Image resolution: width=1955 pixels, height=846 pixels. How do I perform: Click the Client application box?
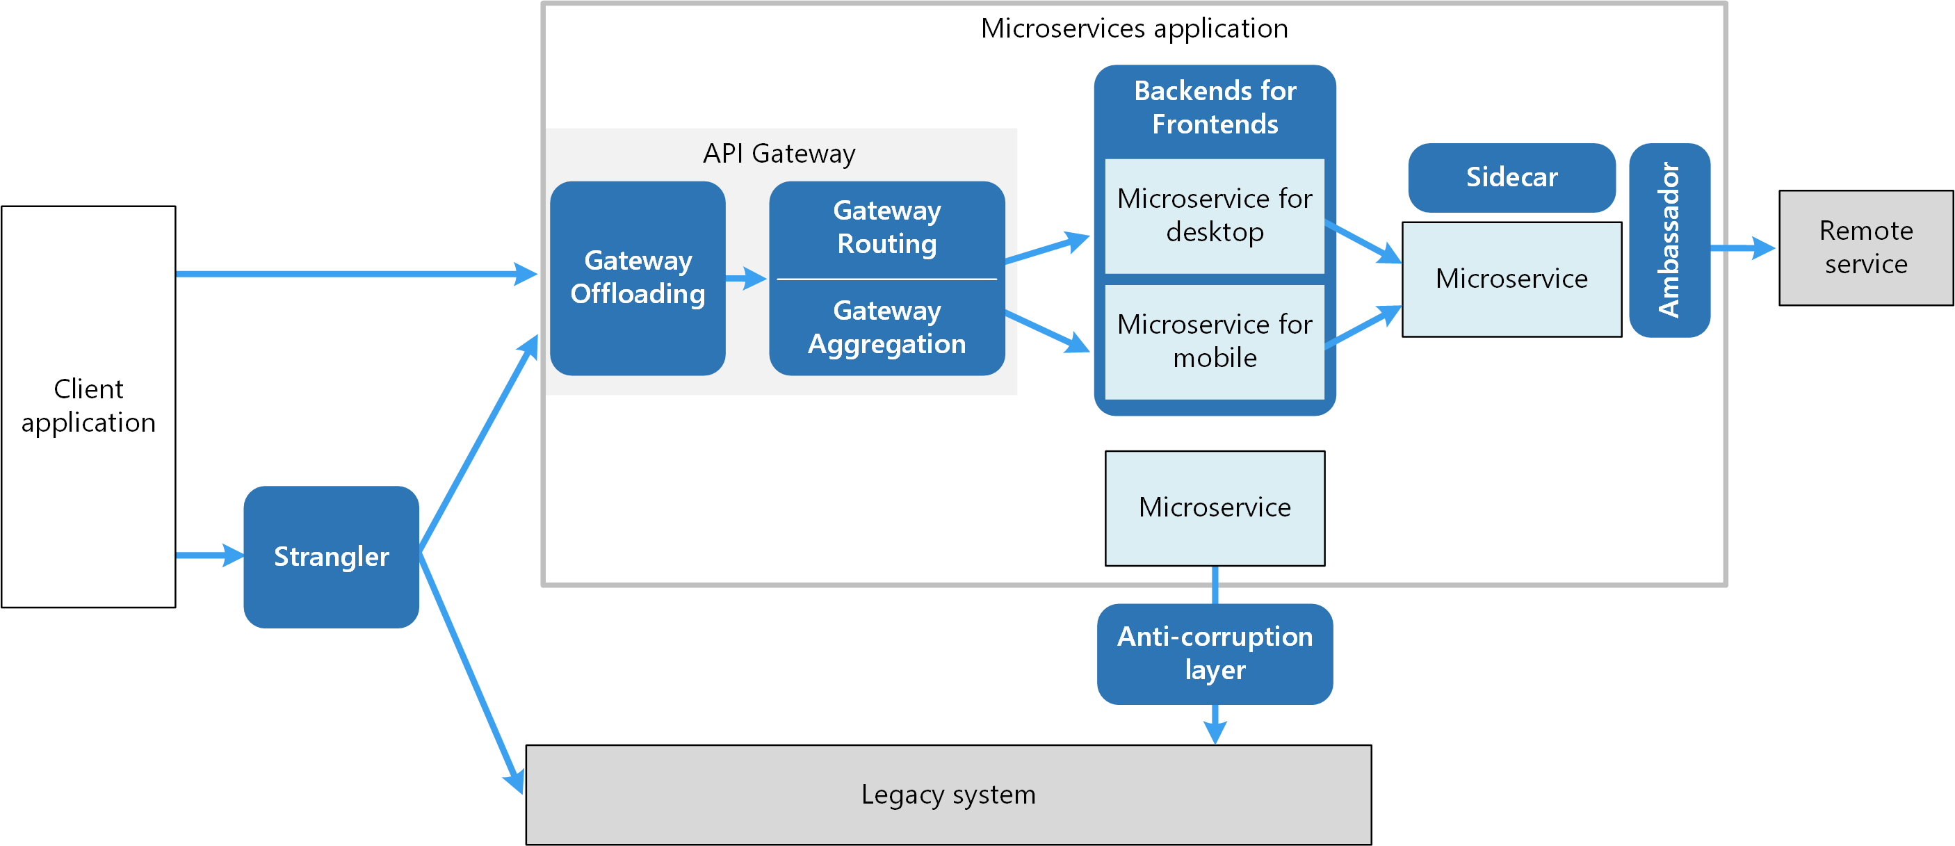[x=88, y=406]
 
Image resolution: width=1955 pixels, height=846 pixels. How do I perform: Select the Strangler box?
[x=331, y=556]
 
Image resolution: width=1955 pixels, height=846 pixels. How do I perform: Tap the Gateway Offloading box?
[x=638, y=277]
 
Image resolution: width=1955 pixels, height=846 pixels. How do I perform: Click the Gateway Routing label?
[x=886, y=227]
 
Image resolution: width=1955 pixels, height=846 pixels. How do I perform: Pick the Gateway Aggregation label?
[x=886, y=327]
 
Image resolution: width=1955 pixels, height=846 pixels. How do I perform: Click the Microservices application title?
[x=1134, y=28]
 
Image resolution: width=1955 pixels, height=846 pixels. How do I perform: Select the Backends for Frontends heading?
[x=1215, y=107]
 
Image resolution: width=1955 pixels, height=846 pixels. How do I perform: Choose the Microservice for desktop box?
[x=1215, y=215]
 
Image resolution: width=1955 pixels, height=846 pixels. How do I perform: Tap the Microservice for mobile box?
[x=1215, y=341]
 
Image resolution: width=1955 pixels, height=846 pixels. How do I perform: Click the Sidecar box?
[x=1511, y=177]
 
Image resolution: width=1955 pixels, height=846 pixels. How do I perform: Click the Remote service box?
[x=1865, y=247]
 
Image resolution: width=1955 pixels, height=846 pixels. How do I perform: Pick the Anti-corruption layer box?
[x=1215, y=653]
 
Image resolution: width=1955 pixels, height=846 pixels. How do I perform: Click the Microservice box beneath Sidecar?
[x=1511, y=279]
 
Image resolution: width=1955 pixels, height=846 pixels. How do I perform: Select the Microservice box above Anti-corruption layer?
[x=1215, y=507]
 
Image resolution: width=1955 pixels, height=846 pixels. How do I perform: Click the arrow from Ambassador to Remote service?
[x=1742, y=248]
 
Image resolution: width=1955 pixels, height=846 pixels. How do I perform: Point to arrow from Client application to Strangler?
[x=208, y=555]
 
